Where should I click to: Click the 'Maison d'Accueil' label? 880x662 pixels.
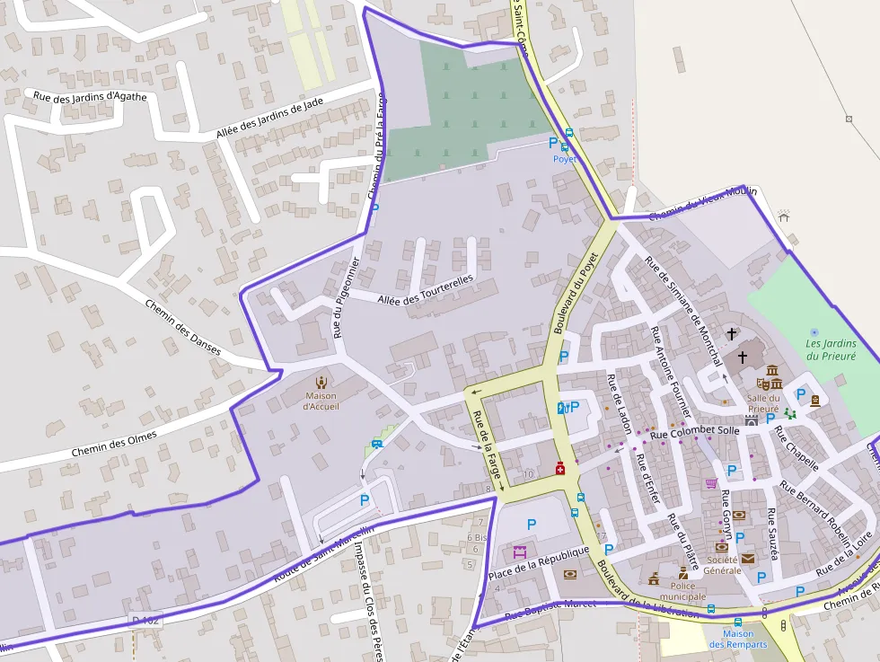pos(321,402)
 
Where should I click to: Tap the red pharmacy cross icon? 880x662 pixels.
pos(559,468)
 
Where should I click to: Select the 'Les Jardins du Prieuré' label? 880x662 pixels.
pos(831,349)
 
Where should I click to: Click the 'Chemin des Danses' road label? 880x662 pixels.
pos(182,327)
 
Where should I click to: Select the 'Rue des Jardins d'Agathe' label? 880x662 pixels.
pos(90,96)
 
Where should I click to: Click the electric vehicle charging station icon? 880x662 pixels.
pos(562,408)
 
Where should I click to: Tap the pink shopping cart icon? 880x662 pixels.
pos(711,483)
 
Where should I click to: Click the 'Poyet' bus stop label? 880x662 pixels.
pos(564,159)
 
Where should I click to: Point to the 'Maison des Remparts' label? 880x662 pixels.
pos(737,639)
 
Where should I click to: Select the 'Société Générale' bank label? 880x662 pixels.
pos(722,564)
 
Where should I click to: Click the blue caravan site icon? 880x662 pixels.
pos(377,443)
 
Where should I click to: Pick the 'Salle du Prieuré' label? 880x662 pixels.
pos(763,403)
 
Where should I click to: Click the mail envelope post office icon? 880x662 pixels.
pos(748,558)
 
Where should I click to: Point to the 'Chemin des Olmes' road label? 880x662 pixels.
pos(114,443)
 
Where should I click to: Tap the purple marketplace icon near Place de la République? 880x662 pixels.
pos(519,552)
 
